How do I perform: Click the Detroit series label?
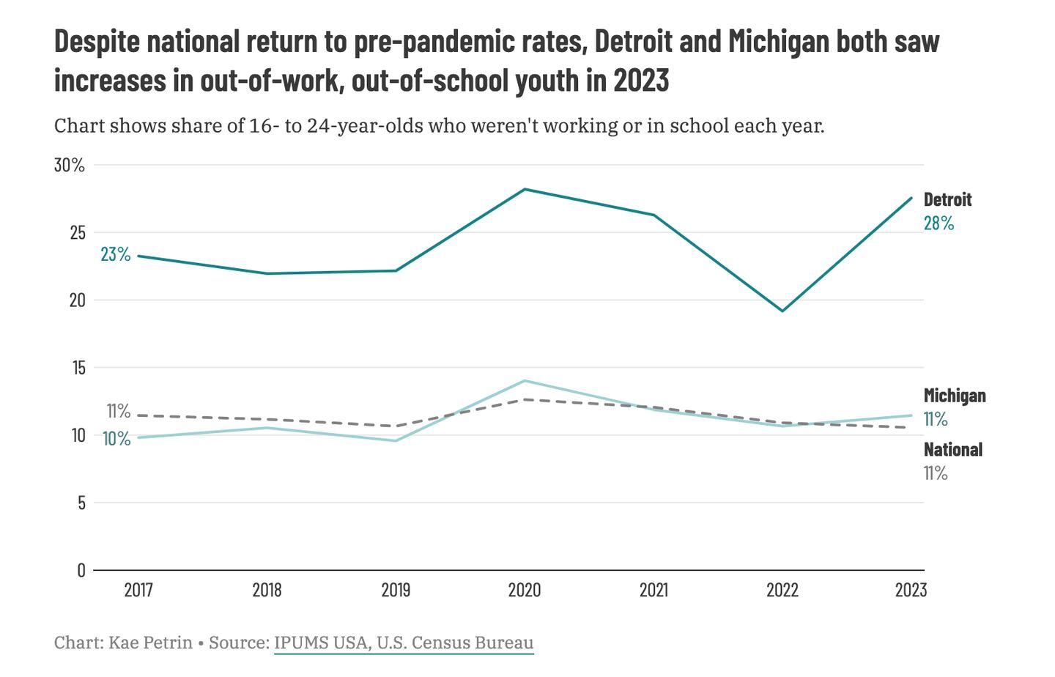click(x=947, y=199)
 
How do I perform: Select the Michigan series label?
click(x=954, y=396)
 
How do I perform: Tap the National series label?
click(x=952, y=449)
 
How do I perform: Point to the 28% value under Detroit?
click(x=939, y=223)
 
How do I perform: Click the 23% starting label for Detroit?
click(x=115, y=254)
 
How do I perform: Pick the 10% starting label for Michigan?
click(x=116, y=439)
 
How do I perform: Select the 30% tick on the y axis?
click(x=70, y=165)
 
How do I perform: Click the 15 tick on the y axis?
click(x=78, y=367)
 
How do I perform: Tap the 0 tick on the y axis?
click(x=81, y=570)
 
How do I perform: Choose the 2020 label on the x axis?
click(x=524, y=590)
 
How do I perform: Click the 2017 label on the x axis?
click(x=138, y=590)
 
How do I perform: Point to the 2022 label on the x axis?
click(x=782, y=590)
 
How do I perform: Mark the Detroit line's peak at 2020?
click(x=525, y=189)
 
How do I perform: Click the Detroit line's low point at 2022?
click(x=782, y=311)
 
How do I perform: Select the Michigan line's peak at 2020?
click(x=525, y=380)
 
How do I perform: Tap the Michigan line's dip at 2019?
click(x=396, y=440)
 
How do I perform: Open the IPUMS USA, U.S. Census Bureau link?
click(x=404, y=643)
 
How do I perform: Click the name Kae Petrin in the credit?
click(x=150, y=643)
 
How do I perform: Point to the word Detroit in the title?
click(x=633, y=42)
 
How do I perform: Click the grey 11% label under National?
click(x=936, y=473)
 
